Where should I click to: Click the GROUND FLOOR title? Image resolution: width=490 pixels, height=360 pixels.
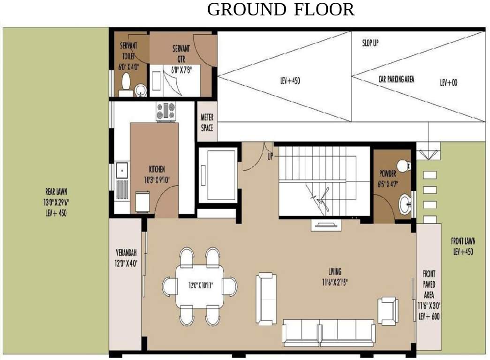tap(280, 9)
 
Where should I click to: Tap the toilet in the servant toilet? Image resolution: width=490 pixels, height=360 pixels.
tap(126, 82)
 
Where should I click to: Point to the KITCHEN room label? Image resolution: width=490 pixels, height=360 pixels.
tap(157, 169)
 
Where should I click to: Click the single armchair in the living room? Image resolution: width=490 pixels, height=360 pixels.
tap(388, 310)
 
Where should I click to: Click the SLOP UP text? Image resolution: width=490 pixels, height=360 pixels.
tap(370, 44)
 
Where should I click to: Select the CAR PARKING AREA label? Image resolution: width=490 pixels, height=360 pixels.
tap(396, 79)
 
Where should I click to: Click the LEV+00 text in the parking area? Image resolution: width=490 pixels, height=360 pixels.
tap(448, 82)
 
